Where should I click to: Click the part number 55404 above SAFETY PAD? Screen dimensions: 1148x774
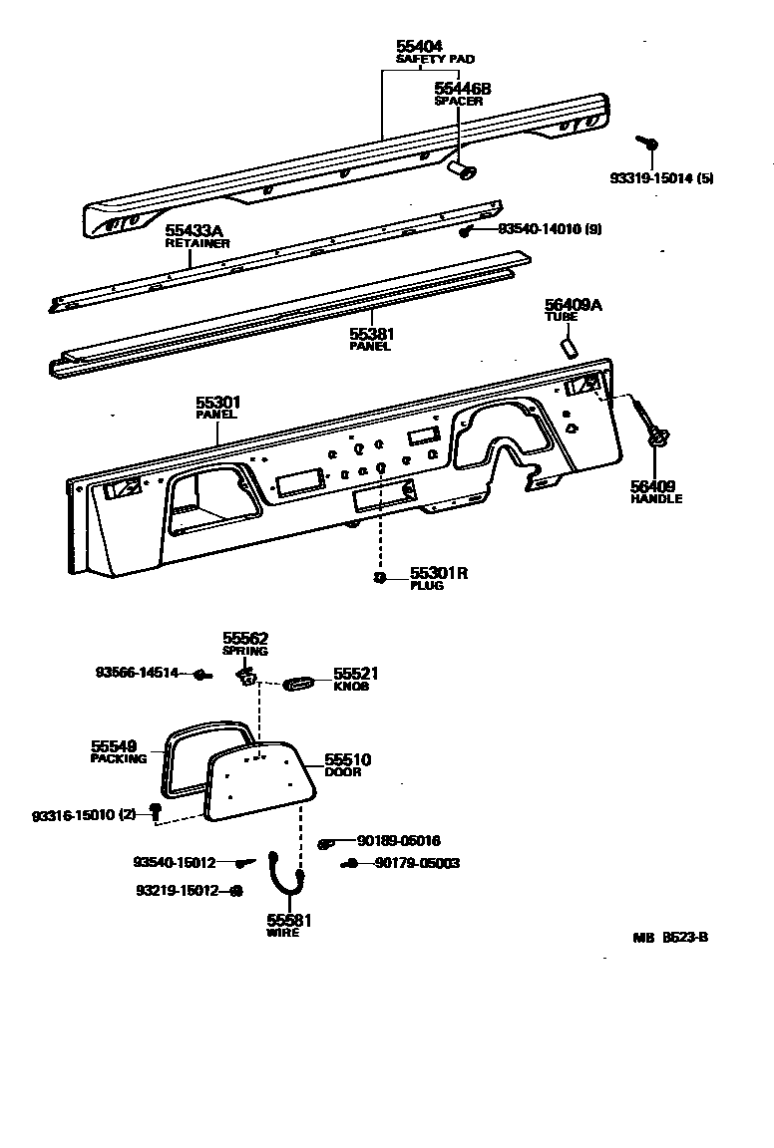pos(419,47)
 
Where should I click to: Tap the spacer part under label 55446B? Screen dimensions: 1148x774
pos(462,171)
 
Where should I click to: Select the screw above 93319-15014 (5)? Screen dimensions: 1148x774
pos(648,145)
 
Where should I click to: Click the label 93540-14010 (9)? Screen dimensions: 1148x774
pos(550,229)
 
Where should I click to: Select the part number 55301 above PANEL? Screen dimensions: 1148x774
pos(218,403)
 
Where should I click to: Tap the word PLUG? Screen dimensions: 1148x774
pos(427,586)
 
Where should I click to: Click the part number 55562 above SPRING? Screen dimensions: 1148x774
pos(245,639)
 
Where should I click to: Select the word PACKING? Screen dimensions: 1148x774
pos(119,758)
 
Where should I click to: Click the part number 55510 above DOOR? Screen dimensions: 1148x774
pos(347,760)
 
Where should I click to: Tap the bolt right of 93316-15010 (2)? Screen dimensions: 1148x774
pos(156,811)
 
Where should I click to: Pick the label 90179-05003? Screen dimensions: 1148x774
pos(418,863)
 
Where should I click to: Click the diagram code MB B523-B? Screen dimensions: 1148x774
pos(669,937)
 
